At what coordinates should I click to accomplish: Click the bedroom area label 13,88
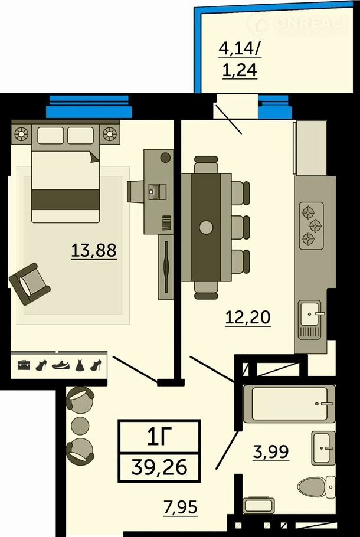94,250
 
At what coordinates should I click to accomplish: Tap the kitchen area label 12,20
248,317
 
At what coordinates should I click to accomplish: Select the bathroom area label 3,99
271,451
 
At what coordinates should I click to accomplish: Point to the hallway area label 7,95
181,507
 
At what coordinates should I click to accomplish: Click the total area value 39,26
159,467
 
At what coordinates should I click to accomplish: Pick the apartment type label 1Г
159,437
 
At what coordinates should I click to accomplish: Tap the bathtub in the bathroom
289,404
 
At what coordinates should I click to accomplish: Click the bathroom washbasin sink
323,448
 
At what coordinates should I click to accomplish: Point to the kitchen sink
310,320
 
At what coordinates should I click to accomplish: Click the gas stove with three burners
312,225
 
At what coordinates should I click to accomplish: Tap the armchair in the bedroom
30,284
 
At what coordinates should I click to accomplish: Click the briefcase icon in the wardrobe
24,365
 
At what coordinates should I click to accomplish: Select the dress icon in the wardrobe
79,365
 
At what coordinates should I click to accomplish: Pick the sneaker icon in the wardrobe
61,365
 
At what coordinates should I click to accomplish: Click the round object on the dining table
206,227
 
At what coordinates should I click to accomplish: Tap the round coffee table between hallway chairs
80,425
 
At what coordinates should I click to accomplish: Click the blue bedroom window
89,106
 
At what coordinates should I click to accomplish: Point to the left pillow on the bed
51,136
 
